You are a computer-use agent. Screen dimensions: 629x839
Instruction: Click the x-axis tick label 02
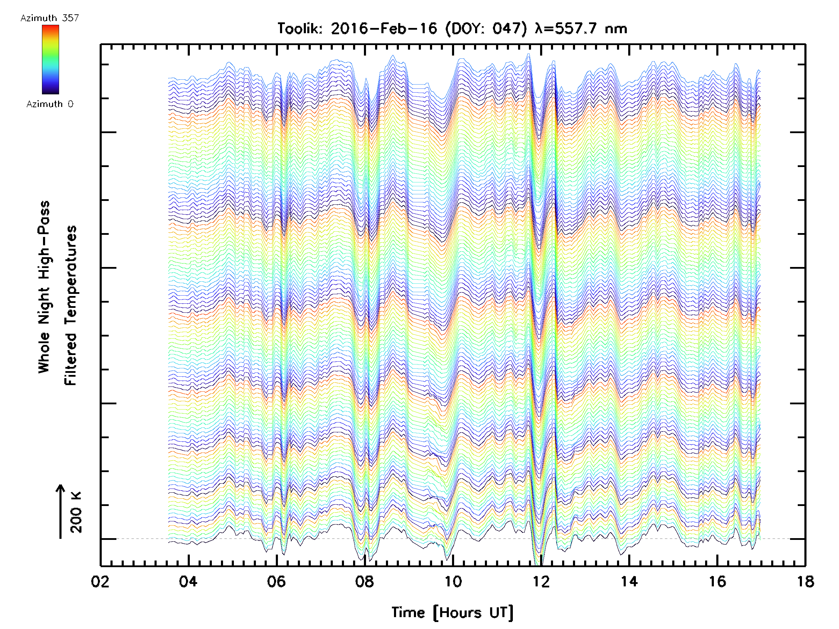click(100, 581)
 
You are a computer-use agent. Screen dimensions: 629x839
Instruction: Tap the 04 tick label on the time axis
click(188, 581)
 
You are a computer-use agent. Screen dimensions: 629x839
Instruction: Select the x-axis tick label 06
click(276, 581)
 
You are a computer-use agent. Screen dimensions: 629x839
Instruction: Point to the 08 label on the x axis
click(365, 581)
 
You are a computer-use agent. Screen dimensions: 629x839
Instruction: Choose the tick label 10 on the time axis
click(452, 581)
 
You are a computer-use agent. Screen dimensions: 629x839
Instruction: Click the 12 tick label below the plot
click(541, 581)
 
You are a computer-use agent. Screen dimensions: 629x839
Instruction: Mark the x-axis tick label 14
click(629, 581)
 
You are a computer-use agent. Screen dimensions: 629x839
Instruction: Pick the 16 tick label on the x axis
click(717, 581)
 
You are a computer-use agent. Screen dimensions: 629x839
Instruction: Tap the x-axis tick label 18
click(805, 581)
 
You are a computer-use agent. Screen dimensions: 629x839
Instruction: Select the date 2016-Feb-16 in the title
click(384, 29)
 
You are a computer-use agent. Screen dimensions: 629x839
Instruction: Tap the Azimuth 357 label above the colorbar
click(50, 18)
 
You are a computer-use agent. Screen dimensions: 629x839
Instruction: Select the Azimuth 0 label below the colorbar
click(50, 104)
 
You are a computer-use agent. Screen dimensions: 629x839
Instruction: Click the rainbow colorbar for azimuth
click(50, 59)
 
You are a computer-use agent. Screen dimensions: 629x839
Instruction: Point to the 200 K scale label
click(76, 512)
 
